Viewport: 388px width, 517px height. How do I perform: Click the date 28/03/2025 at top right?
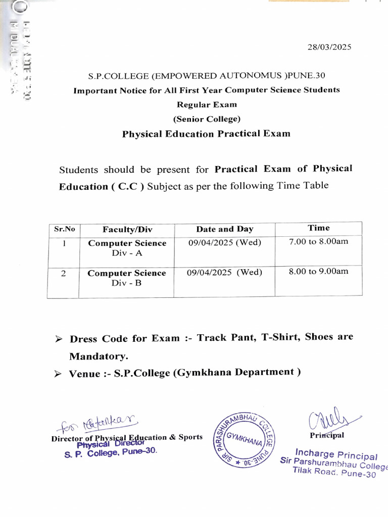(x=329, y=47)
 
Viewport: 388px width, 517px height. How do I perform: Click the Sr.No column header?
(x=64, y=229)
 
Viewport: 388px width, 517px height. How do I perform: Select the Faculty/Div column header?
(x=126, y=229)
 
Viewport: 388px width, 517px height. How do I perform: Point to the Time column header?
(x=318, y=228)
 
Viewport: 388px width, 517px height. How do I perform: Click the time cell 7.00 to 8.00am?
(x=318, y=241)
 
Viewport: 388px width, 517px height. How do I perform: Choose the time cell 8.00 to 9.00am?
(x=318, y=271)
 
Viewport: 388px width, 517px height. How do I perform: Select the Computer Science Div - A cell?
(x=127, y=248)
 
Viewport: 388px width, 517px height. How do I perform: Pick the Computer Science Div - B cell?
(x=126, y=278)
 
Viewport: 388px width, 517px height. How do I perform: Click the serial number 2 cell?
(x=64, y=274)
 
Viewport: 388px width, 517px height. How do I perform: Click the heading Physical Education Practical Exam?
(x=206, y=134)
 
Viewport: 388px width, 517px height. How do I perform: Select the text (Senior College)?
(x=206, y=119)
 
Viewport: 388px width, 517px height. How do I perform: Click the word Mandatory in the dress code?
(x=98, y=356)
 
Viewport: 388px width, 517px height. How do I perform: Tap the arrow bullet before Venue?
(x=58, y=374)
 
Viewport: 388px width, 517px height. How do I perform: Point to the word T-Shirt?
(x=280, y=337)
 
